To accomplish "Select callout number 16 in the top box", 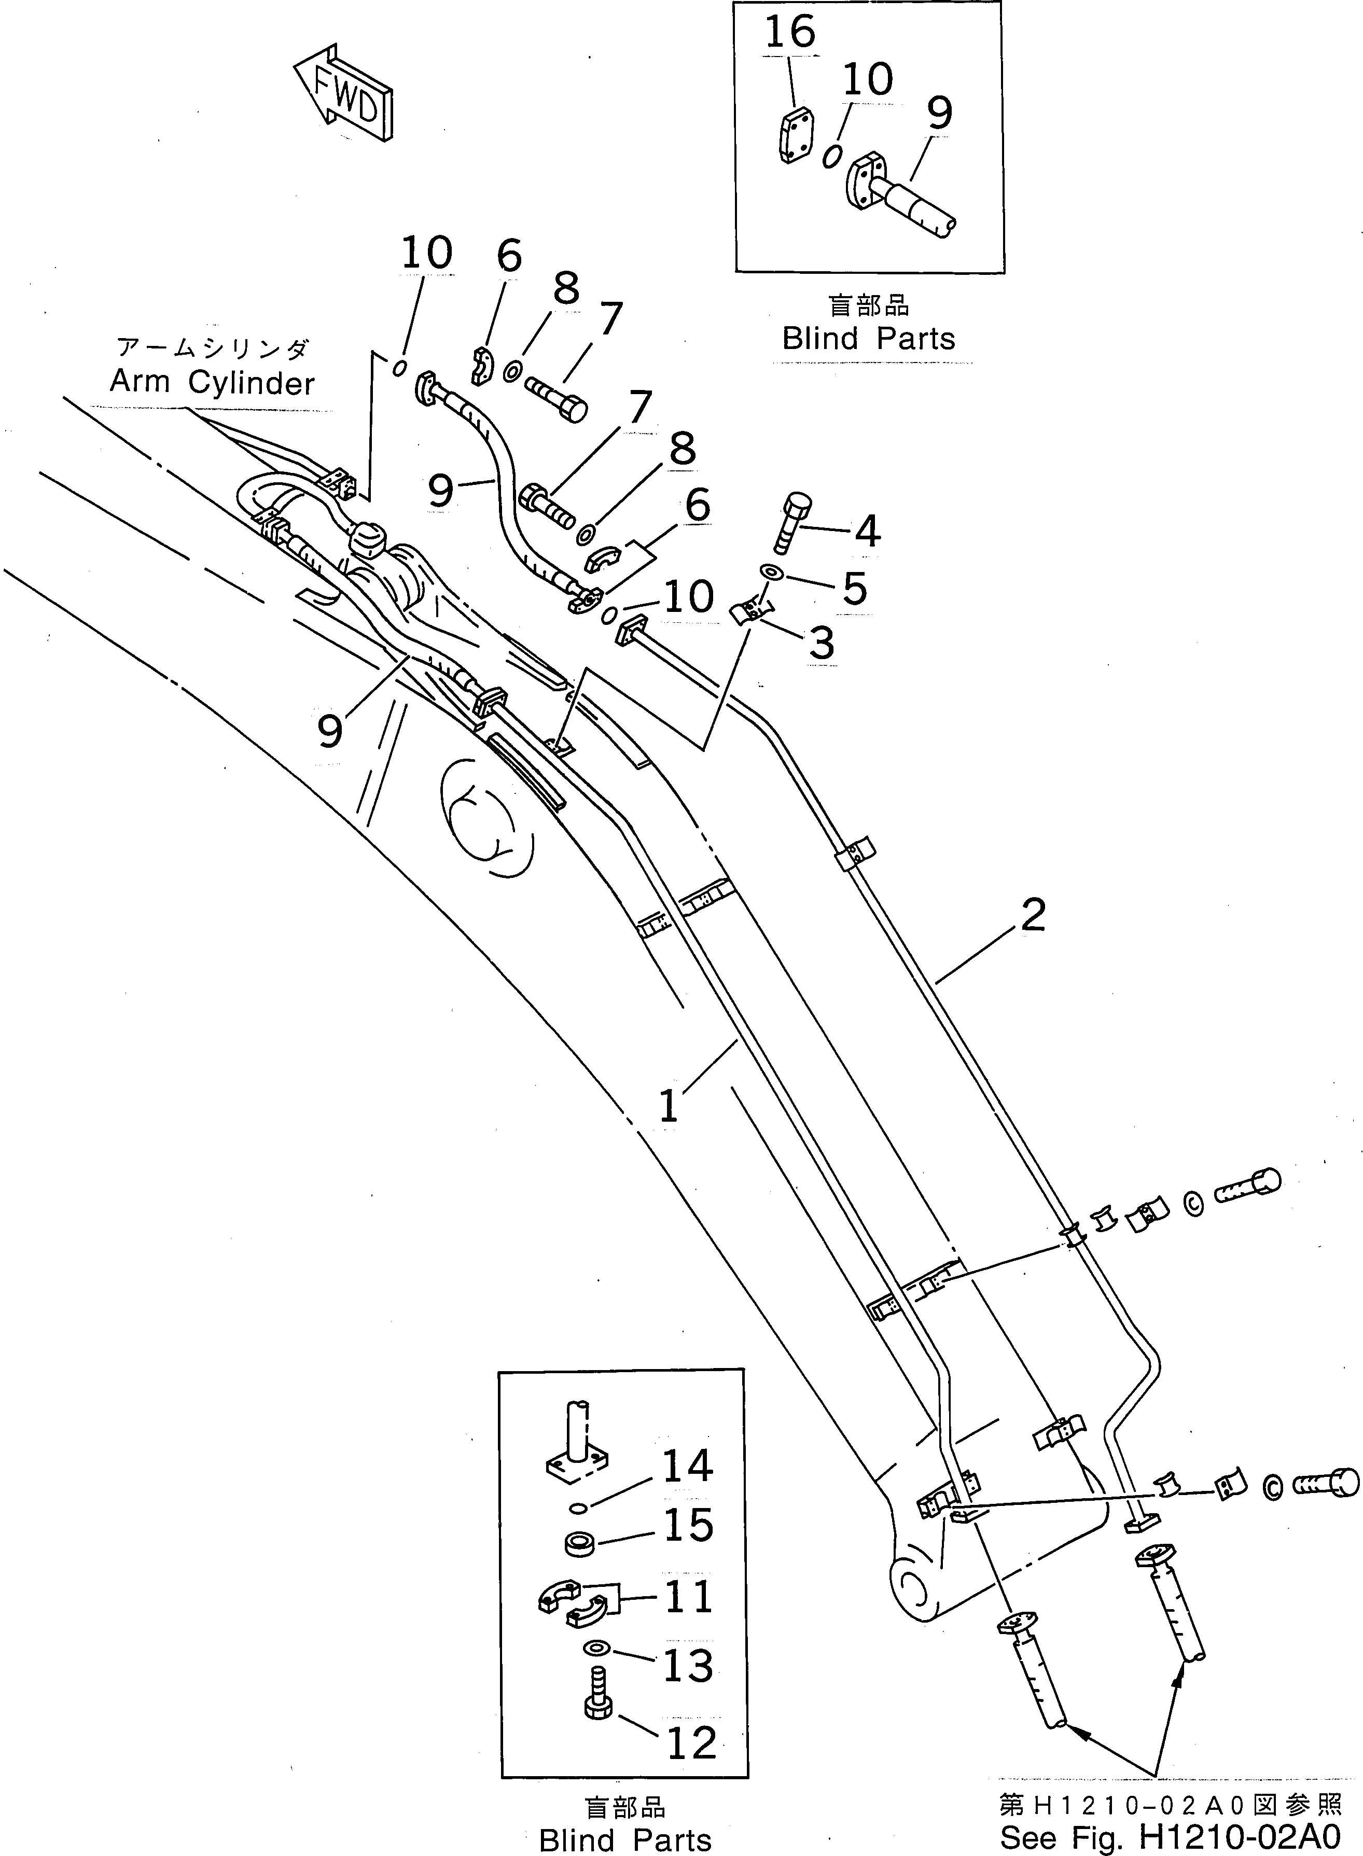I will [x=789, y=33].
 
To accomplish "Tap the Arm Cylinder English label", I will [x=212, y=383].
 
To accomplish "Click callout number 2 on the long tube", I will [x=1033, y=915].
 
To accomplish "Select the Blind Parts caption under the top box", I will [x=868, y=339].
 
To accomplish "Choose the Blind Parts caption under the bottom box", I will [x=624, y=1840].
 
